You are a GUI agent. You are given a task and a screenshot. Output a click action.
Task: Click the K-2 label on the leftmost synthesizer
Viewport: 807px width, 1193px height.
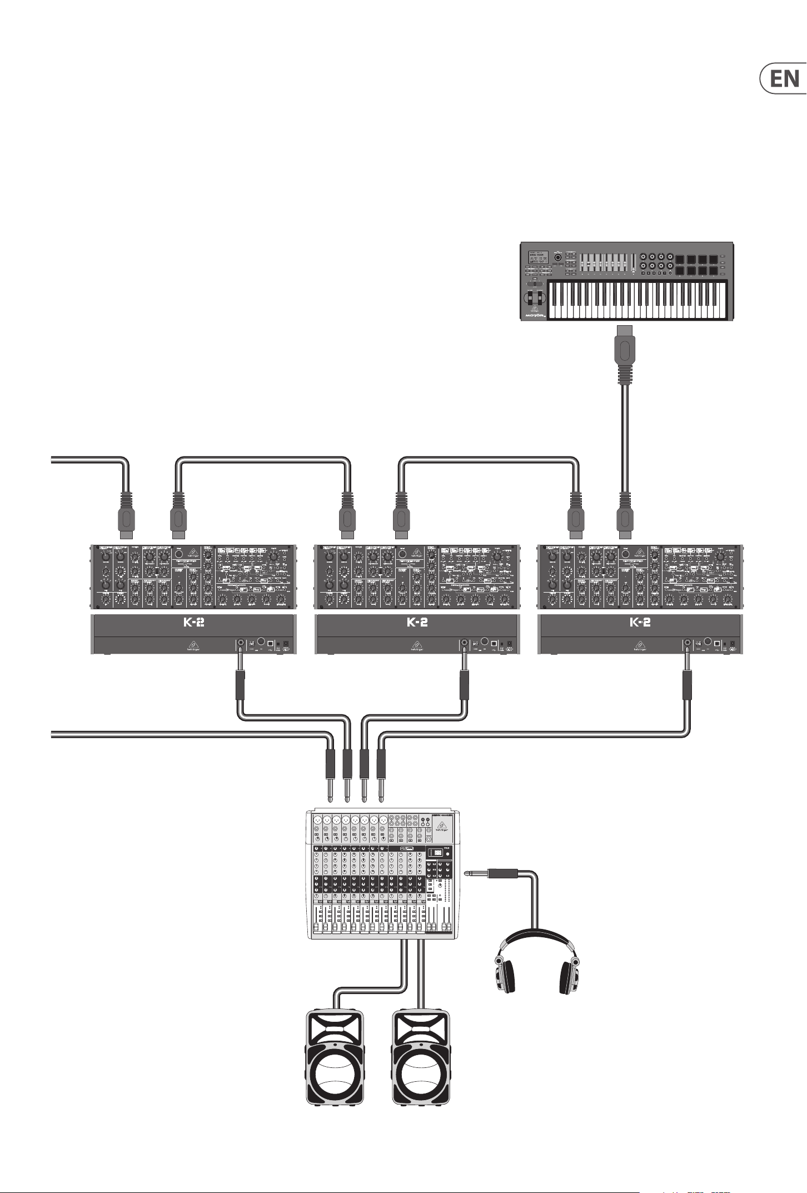[194, 623]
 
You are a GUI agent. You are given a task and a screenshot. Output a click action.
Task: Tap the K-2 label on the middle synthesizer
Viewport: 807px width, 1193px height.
[417, 623]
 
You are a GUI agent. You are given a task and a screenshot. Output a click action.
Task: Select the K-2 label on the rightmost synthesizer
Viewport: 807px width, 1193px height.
[640, 623]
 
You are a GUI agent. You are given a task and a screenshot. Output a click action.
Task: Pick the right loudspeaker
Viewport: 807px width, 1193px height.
[421, 1060]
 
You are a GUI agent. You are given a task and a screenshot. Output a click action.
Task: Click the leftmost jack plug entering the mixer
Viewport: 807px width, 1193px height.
[330, 770]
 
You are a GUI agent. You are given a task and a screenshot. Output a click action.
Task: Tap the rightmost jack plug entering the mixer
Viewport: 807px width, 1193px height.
[381, 770]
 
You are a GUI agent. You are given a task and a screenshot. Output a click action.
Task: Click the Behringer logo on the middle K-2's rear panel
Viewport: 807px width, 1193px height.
[417, 646]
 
